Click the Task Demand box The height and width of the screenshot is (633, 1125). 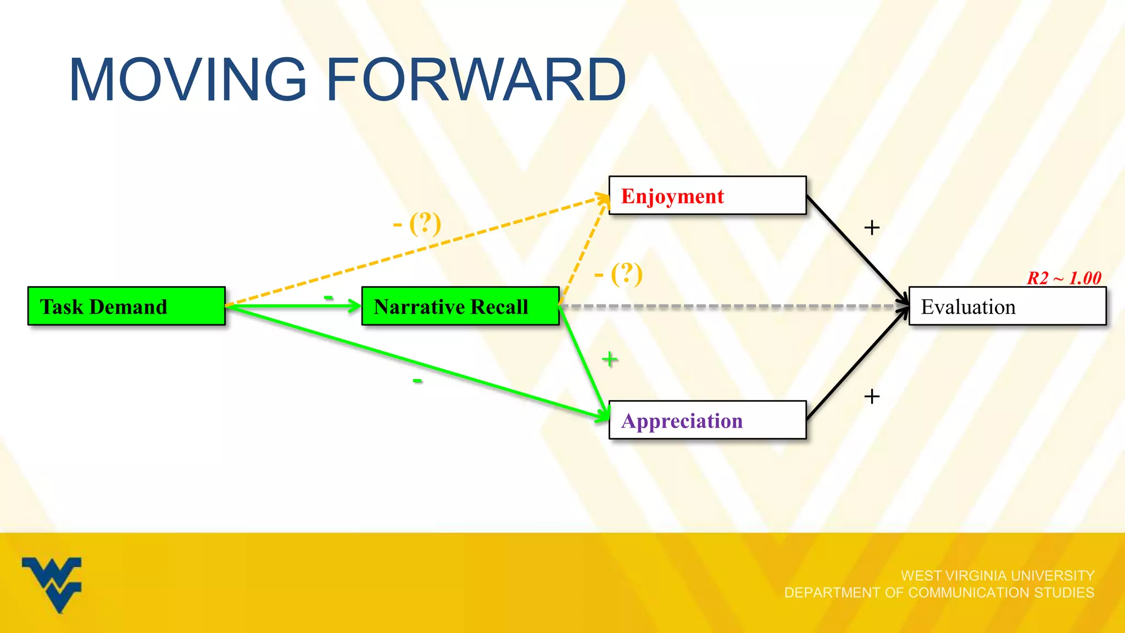click(126, 306)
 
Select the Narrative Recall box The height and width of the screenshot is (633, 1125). click(460, 306)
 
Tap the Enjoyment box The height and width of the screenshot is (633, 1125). click(707, 196)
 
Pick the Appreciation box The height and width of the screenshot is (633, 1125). click(707, 420)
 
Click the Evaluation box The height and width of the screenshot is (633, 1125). click(1007, 306)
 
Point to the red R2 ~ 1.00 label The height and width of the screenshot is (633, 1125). click(1064, 278)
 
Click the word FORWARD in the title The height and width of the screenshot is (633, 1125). click(476, 80)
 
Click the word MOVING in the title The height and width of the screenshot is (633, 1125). click(187, 80)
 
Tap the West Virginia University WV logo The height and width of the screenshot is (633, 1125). click(52, 584)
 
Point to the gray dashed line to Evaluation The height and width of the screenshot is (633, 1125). click(731, 307)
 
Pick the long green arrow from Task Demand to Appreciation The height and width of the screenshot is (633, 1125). click(417, 363)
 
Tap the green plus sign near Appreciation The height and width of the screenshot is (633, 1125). click(609, 359)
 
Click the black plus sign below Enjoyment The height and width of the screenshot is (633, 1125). click(872, 227)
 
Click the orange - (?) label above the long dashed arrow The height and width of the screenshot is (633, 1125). click(417, 224)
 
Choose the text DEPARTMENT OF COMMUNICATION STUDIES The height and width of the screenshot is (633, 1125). click(939, 593)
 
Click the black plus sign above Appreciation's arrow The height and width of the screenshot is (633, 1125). click(872, 396)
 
